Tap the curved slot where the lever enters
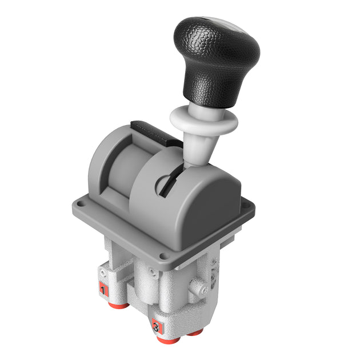pyautogui.click(x=166, y=185)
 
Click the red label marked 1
pyautogui.click(x=103, y=290)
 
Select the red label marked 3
pyautogui.click(x=155, y=327)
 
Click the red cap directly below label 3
pyautogui.click(x=167, y=341)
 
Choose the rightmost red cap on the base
pyautogui.click(x=195, y=332)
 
